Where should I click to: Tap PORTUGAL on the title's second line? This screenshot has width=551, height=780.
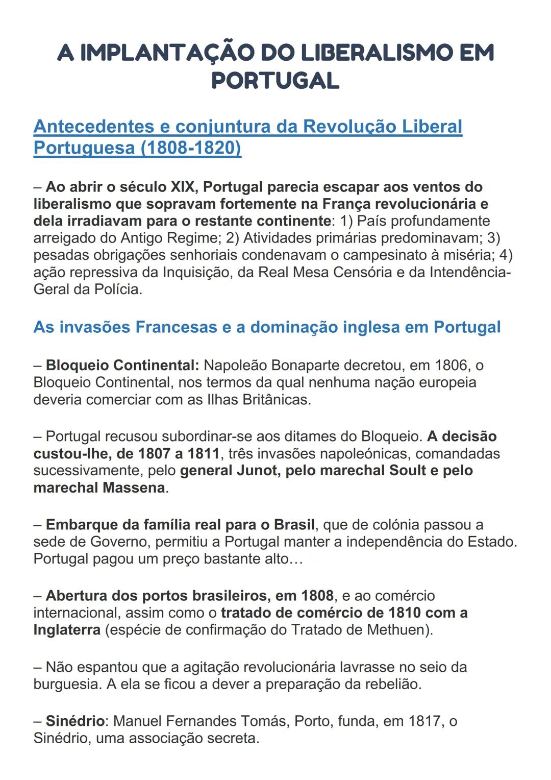point(275,81)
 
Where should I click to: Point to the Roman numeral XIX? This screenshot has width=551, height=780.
point(184,187)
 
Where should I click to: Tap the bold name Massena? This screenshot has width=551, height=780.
point(134,487)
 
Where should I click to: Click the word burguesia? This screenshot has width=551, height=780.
point(67,684)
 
